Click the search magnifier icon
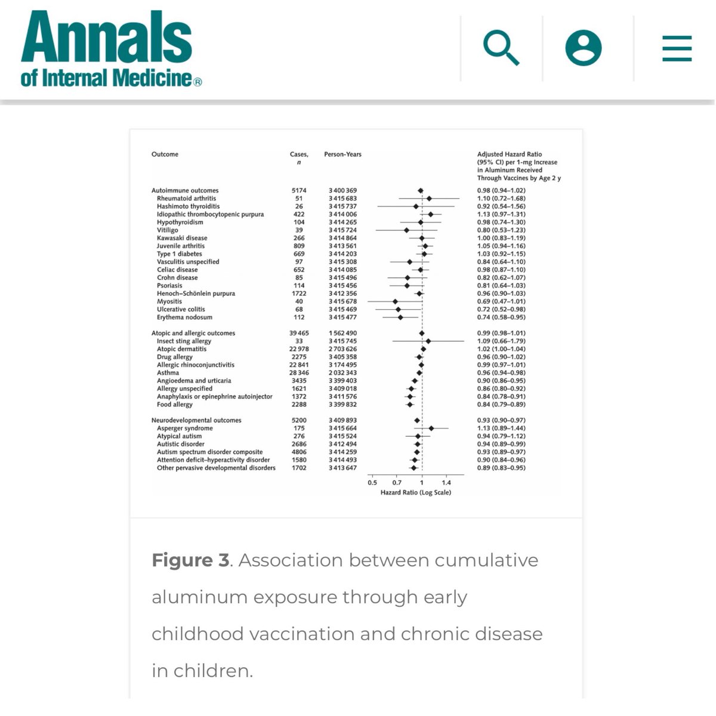(x=501, y=48)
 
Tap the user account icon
(x=583, y=48)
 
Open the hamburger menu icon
(x=677, y=48)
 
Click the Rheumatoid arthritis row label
(x=186, y=199)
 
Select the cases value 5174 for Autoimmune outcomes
(x=299, y=191)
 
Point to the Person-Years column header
(x=342, y=155)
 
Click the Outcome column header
(x=165, y=155)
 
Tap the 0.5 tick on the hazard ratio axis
(x=372, y=483)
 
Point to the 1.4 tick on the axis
(x=446, y=483)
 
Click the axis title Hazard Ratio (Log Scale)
(x=415, y=493)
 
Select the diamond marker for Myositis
(x=395, y=302)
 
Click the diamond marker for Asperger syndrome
(x=431, y=428)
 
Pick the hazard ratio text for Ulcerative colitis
(x=501, y=310)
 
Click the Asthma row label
(x=168, y=373)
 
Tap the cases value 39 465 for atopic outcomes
(x=299, y=334)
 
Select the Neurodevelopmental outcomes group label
(x=196, y=421)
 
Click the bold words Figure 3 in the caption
(x=190, y=560)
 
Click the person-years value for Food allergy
(x=342, y=405)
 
